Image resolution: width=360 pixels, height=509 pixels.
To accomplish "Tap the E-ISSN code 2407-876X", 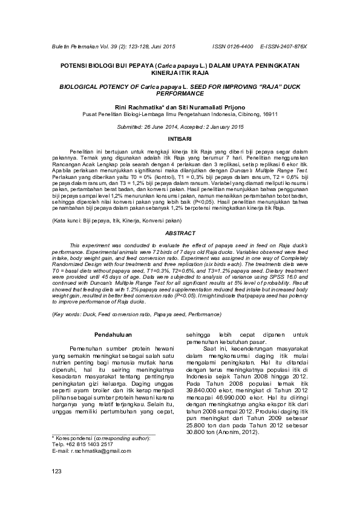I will tap(290, 46).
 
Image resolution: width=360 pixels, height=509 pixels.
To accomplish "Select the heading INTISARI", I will tap(180, 138).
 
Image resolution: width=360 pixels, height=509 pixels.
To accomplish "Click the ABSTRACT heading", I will tap(180, 233).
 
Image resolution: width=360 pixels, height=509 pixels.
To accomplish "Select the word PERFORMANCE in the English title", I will tap(180, 94).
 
